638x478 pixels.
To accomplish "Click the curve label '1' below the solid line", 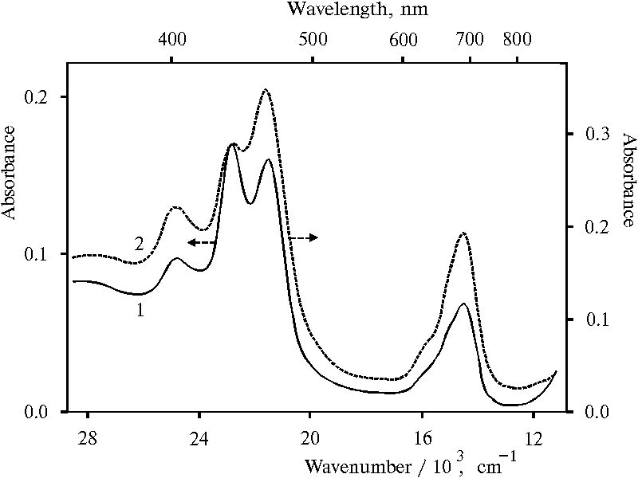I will [x=140, y=311].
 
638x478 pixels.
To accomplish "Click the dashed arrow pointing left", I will [x=202, y=242].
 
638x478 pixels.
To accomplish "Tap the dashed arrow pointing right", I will [x=303, y=237].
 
